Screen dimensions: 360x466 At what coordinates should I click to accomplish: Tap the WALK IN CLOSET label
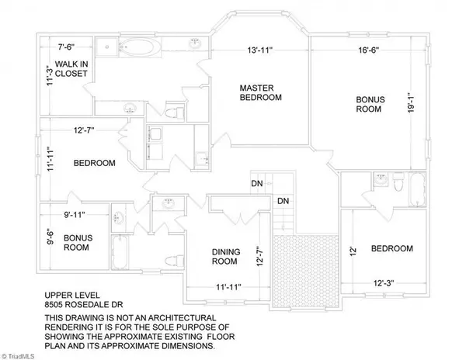pyautogui.click(x=66, y=68)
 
